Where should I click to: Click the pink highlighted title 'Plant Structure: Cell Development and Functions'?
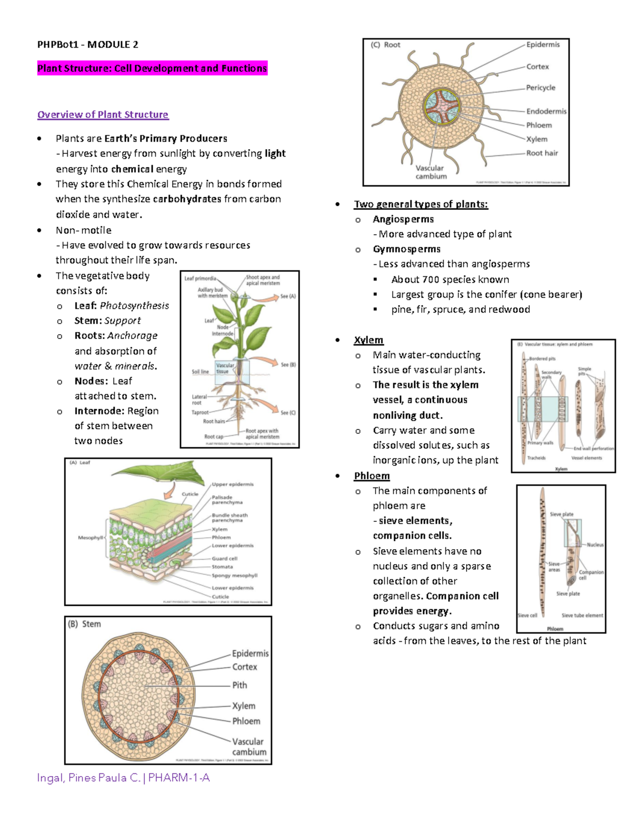coord(152,68)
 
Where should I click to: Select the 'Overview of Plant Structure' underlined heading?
coord(102,115)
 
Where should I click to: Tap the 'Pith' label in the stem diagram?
coord(239,685)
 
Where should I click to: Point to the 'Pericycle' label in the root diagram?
coord(540,88)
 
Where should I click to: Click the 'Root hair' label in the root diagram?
coord(542,153)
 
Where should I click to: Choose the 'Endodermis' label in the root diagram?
coord(546,112)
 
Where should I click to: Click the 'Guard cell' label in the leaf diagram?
coord(225,558)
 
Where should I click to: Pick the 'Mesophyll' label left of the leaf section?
coord(90,538)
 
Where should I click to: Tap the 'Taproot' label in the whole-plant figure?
coord(200,412)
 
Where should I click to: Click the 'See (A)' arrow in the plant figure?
coord(287,297)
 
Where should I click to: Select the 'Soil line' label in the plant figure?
coord(200,372)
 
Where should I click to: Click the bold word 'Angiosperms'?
coord(403,219)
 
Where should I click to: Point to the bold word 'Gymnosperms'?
coord(406,249)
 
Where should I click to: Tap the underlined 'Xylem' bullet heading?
coord(368,340)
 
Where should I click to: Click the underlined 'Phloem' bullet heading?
coord(371,476)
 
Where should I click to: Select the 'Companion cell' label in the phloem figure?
coord(591,575)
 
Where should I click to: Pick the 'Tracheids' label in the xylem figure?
coord(536,458)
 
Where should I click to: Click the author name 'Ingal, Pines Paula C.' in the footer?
coord(88,778)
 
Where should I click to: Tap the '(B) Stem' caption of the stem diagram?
coord(85,624)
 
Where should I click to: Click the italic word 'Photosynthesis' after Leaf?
coord(134,306)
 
